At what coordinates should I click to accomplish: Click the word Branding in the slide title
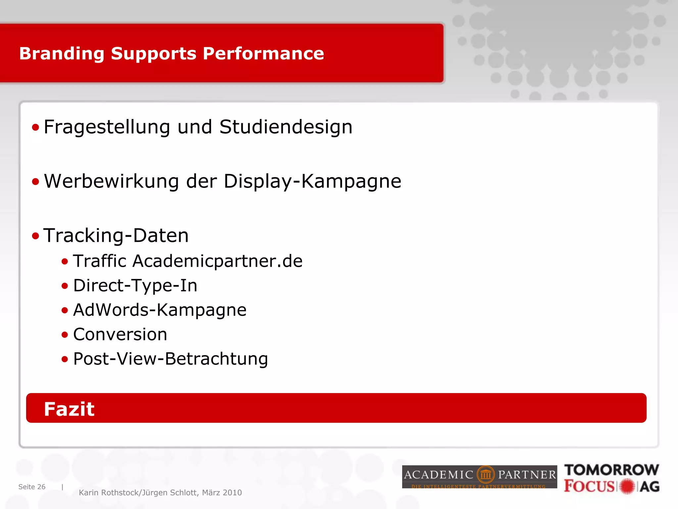[62, 54]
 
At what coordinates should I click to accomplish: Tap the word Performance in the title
[263, 54]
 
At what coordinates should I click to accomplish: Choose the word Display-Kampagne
[312, 182]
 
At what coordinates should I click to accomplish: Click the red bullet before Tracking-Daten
[35, 236]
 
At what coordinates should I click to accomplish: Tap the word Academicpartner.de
[218, 261]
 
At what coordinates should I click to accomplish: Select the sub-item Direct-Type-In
[135, 286]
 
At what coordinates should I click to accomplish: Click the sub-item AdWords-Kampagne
[160, 310]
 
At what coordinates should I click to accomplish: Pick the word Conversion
[120, 334]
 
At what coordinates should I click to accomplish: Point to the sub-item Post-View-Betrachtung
[170, 359]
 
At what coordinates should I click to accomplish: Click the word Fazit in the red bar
[69, 409]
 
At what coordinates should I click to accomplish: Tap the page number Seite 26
[32, 487]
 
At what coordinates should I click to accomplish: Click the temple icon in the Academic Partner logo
[486, 475]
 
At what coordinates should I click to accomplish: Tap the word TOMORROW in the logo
[611, 470]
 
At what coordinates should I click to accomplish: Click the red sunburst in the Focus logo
[627, 486]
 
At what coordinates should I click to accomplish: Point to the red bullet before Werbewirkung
[35, 182]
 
